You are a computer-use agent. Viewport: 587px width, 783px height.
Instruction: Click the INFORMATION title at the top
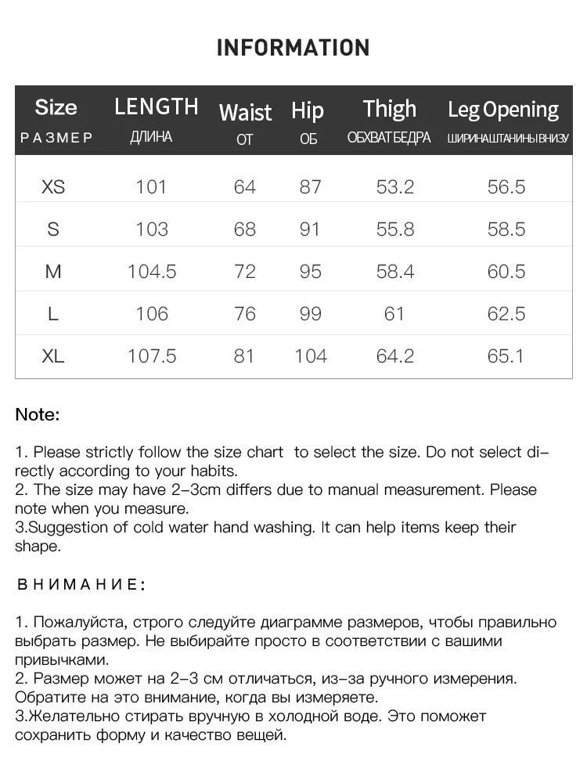(293, 48)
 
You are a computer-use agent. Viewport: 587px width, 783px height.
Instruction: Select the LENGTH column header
(157, 107)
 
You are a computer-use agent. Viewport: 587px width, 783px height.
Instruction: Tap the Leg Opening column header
(503, 110)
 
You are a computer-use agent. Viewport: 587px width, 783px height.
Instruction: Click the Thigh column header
(390, 109)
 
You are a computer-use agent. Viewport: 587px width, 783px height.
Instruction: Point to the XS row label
(53, 187)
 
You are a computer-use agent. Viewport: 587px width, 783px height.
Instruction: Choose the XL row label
(53, 356)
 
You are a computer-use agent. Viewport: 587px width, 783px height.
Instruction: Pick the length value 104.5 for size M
(152, 272)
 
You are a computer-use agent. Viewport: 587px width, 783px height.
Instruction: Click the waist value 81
(244, 356)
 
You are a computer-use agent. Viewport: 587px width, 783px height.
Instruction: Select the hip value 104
(311, 356)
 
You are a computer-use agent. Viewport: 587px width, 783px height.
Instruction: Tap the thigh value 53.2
(394, 187)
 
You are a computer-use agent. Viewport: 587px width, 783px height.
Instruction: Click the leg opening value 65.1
(506, 356)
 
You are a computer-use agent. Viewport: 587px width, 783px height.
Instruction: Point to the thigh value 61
(394, 314)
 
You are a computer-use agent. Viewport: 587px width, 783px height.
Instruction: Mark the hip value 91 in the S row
(310, 229)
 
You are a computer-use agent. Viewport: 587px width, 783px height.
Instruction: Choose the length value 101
(151, 187)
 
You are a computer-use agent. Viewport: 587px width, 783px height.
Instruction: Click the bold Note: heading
(38, 415)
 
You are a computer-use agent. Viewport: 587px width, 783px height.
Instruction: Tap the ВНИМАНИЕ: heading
(80, 585)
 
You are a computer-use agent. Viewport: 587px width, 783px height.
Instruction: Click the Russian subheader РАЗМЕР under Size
(56, 139)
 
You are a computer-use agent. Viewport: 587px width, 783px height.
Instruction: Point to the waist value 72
(245, 272)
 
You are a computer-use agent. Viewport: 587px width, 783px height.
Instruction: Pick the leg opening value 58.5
(506, 229)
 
